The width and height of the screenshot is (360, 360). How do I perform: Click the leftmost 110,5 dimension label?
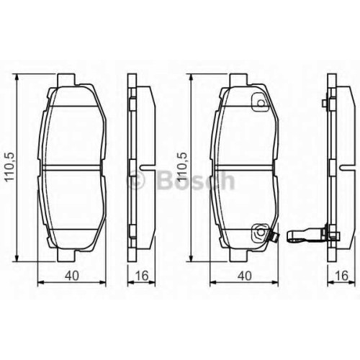pos(11,168)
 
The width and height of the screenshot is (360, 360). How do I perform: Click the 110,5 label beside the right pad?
pos(182,168)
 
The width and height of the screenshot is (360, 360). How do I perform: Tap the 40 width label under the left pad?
pos(72,276)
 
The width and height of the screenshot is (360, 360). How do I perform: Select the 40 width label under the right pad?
pos(244,276)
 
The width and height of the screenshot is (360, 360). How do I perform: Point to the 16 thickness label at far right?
pos(341,276)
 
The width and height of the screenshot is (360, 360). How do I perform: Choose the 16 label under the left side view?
pos(142,276)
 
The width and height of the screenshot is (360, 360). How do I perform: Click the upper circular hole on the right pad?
pos(261,103)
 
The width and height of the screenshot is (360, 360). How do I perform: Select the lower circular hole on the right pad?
pos(261,232)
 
